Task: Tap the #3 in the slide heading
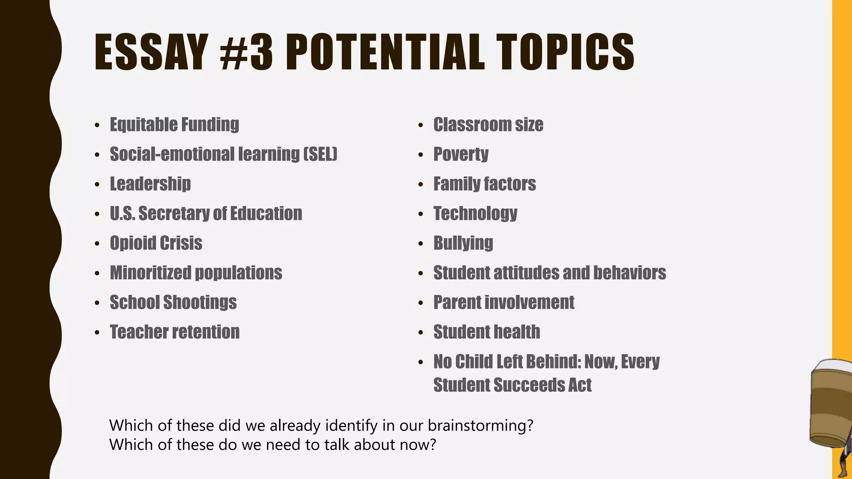pos(247,52)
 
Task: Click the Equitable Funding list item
pos(174,124)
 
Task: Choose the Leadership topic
pos(150,184)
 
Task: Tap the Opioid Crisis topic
pos(156,243)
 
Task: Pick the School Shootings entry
pos(173,302)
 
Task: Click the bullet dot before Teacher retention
pos(97,333)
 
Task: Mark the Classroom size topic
pos(488,124)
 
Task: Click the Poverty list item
pos(461,154)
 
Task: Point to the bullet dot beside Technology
pos(421,214)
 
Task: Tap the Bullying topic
pos(463,243)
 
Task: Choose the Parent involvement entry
pos(503,302)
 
